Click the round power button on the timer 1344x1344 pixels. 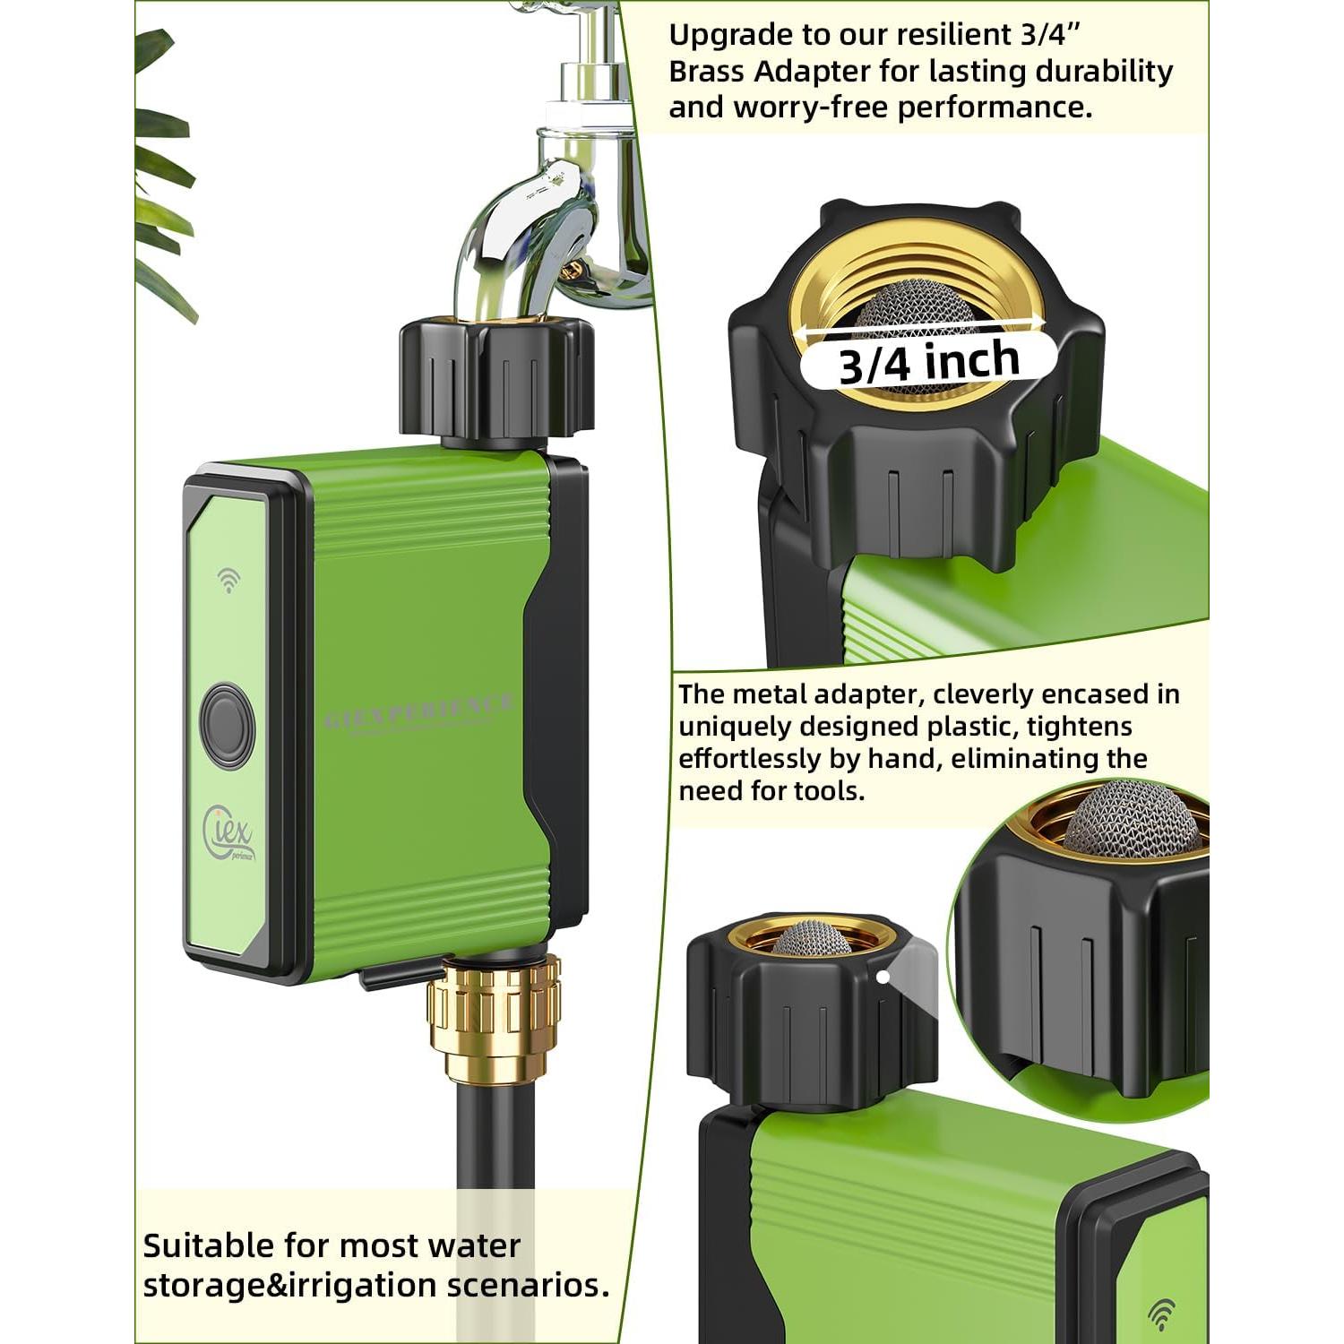coord(227,724)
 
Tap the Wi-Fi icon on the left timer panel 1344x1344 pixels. coord(229,580)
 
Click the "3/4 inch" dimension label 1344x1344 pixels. coord(929,361)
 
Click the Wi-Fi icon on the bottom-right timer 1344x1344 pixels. coord(1161,1314)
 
